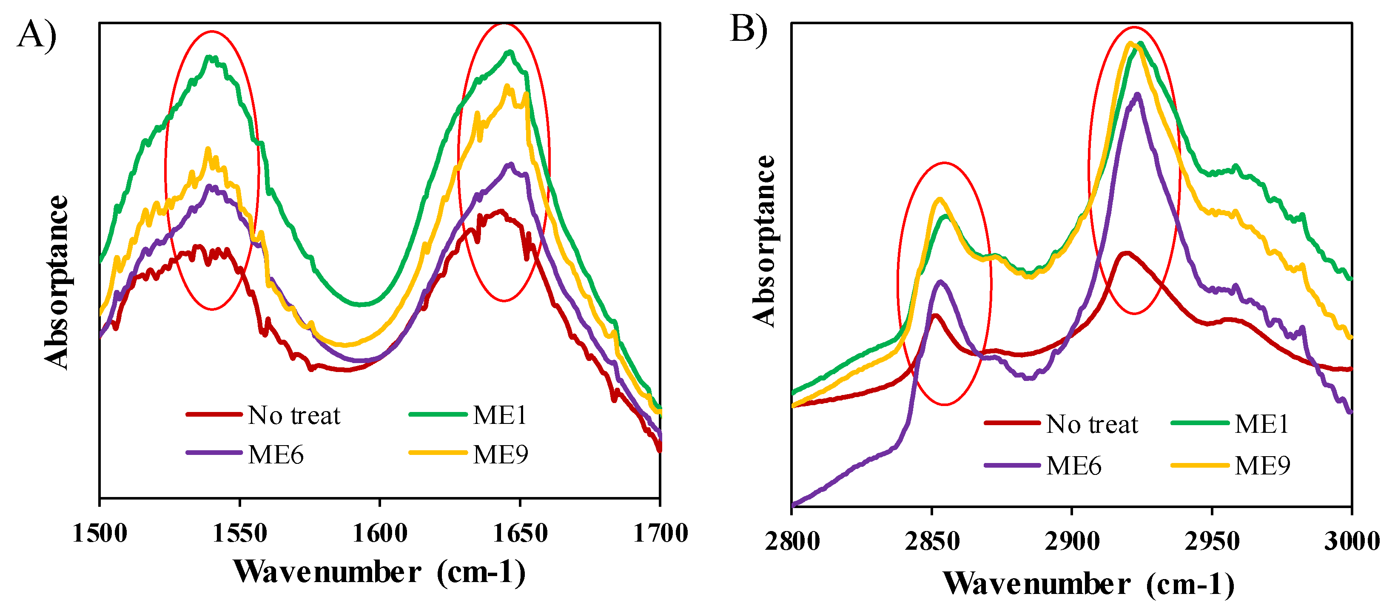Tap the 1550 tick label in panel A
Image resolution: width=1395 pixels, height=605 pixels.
pyautogui.click(x=240, y=534)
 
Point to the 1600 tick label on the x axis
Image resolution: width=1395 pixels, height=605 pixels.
pyautogui.click(x=380, y=534)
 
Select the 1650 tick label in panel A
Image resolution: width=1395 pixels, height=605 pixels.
pyautogui.click(x=520, y=534)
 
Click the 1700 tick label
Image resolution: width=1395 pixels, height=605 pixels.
pyautogui.click(x=660, y=534)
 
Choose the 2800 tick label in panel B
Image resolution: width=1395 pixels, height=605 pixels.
pyautogui.click(x=792, y=541)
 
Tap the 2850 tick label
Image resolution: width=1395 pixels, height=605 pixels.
pyautogui.click(x=932, y=541)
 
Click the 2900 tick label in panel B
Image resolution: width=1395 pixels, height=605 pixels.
pyautogui.click(x=1072, y=541)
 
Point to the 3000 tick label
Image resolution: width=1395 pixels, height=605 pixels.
pyautogui.click(x=1352, y=541)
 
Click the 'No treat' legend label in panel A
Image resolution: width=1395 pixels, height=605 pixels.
pyautogui.click(x=294, y=416)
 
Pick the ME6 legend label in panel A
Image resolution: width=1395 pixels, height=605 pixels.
pyautogui.click(x=276, y=454)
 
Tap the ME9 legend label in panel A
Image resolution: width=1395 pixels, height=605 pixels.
pyautogui.click(x=501, y=454)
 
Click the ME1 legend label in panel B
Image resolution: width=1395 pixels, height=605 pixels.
pyautogui.click(x=1262, y=424)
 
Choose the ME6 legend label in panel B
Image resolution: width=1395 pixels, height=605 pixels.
pyautogui.click(x=1074, y=466)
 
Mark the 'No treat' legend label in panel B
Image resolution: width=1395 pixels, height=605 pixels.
pyautogui.click(x=1092, y=424)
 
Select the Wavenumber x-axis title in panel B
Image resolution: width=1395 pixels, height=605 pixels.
pyautogui.click(x=1088, y=584)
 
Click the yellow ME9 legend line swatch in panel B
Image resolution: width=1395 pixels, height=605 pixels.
pyautogui.click(x=1199, y=465)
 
